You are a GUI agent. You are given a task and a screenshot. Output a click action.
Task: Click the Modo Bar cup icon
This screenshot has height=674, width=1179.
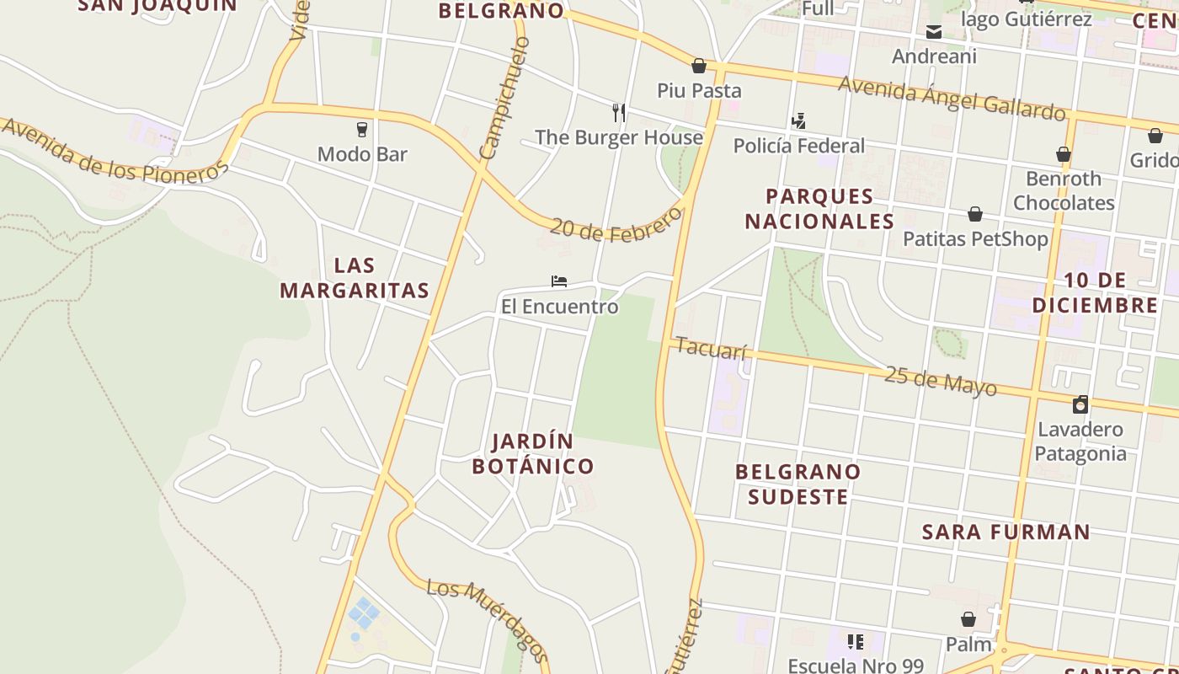362,130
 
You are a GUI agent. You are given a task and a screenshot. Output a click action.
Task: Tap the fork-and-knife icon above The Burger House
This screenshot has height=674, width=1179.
619,113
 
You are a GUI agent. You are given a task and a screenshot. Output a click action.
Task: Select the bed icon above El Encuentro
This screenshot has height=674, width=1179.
559,281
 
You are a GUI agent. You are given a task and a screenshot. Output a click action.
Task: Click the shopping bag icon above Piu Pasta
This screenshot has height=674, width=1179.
699,66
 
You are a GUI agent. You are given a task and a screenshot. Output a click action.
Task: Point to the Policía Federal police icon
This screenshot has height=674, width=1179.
798,121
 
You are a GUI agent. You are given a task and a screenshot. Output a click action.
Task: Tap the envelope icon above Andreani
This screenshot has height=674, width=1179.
934,33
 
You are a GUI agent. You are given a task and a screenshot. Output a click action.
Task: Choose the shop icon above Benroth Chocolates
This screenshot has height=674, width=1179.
1064,154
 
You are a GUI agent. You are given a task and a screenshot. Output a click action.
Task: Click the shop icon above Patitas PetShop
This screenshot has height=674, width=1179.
975,214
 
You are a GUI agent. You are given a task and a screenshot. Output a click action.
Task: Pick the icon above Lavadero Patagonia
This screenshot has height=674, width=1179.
1080,404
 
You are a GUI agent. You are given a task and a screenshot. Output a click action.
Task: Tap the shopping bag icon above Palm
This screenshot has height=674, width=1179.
968,620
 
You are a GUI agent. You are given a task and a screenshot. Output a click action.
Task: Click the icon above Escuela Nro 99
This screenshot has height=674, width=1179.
856,642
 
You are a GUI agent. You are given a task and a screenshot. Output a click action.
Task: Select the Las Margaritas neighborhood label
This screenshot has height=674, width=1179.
355,278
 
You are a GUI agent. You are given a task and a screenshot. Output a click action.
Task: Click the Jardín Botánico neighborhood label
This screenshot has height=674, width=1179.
533,453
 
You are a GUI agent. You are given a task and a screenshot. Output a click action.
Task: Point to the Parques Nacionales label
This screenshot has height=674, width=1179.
819,209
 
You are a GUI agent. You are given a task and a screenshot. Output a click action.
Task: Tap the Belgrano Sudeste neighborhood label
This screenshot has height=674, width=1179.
798,484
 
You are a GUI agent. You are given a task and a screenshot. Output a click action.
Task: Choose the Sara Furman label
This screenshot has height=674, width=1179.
1006,532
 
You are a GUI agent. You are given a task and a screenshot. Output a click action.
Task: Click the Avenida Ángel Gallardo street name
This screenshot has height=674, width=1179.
952,98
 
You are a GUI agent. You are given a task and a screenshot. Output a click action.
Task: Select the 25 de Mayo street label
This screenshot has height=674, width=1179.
941,381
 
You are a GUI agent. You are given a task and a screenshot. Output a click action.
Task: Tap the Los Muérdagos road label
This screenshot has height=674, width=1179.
488,620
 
